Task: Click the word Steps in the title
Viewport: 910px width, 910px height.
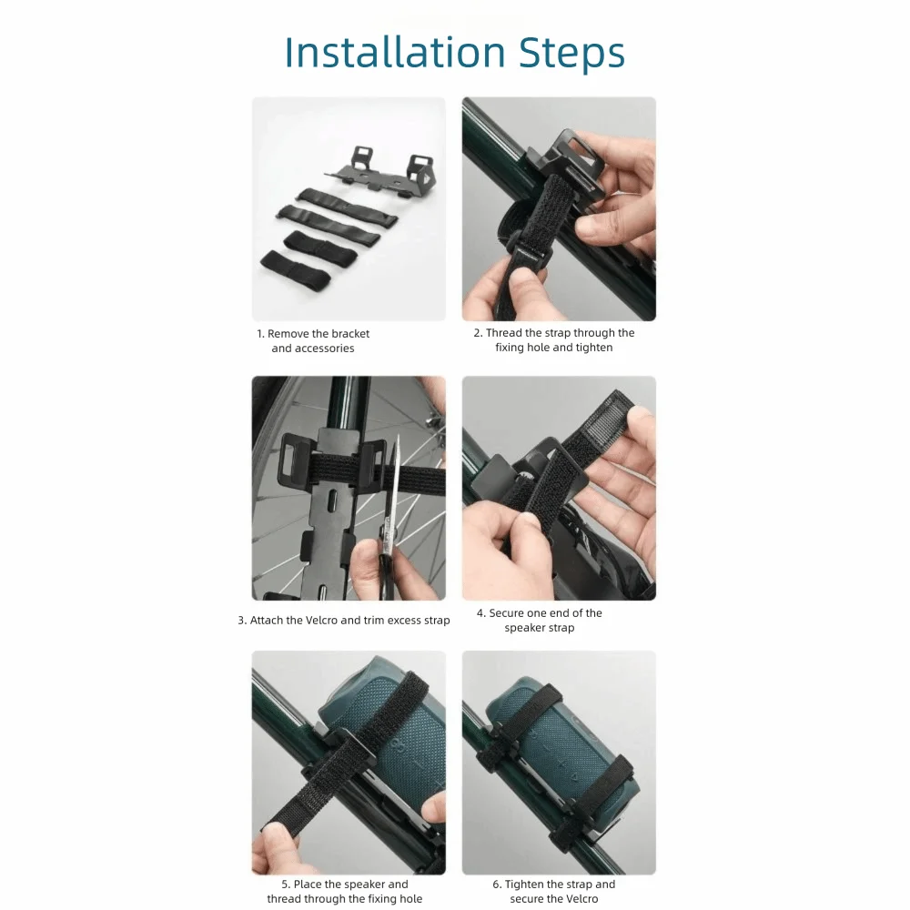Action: [x=572, y=54]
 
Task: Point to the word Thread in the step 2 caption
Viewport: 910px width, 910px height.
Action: [x=503, y=332]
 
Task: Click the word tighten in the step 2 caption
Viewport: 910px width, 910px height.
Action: [x=594, y=348]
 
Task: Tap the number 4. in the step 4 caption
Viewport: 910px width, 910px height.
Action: [x=481, y=613]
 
